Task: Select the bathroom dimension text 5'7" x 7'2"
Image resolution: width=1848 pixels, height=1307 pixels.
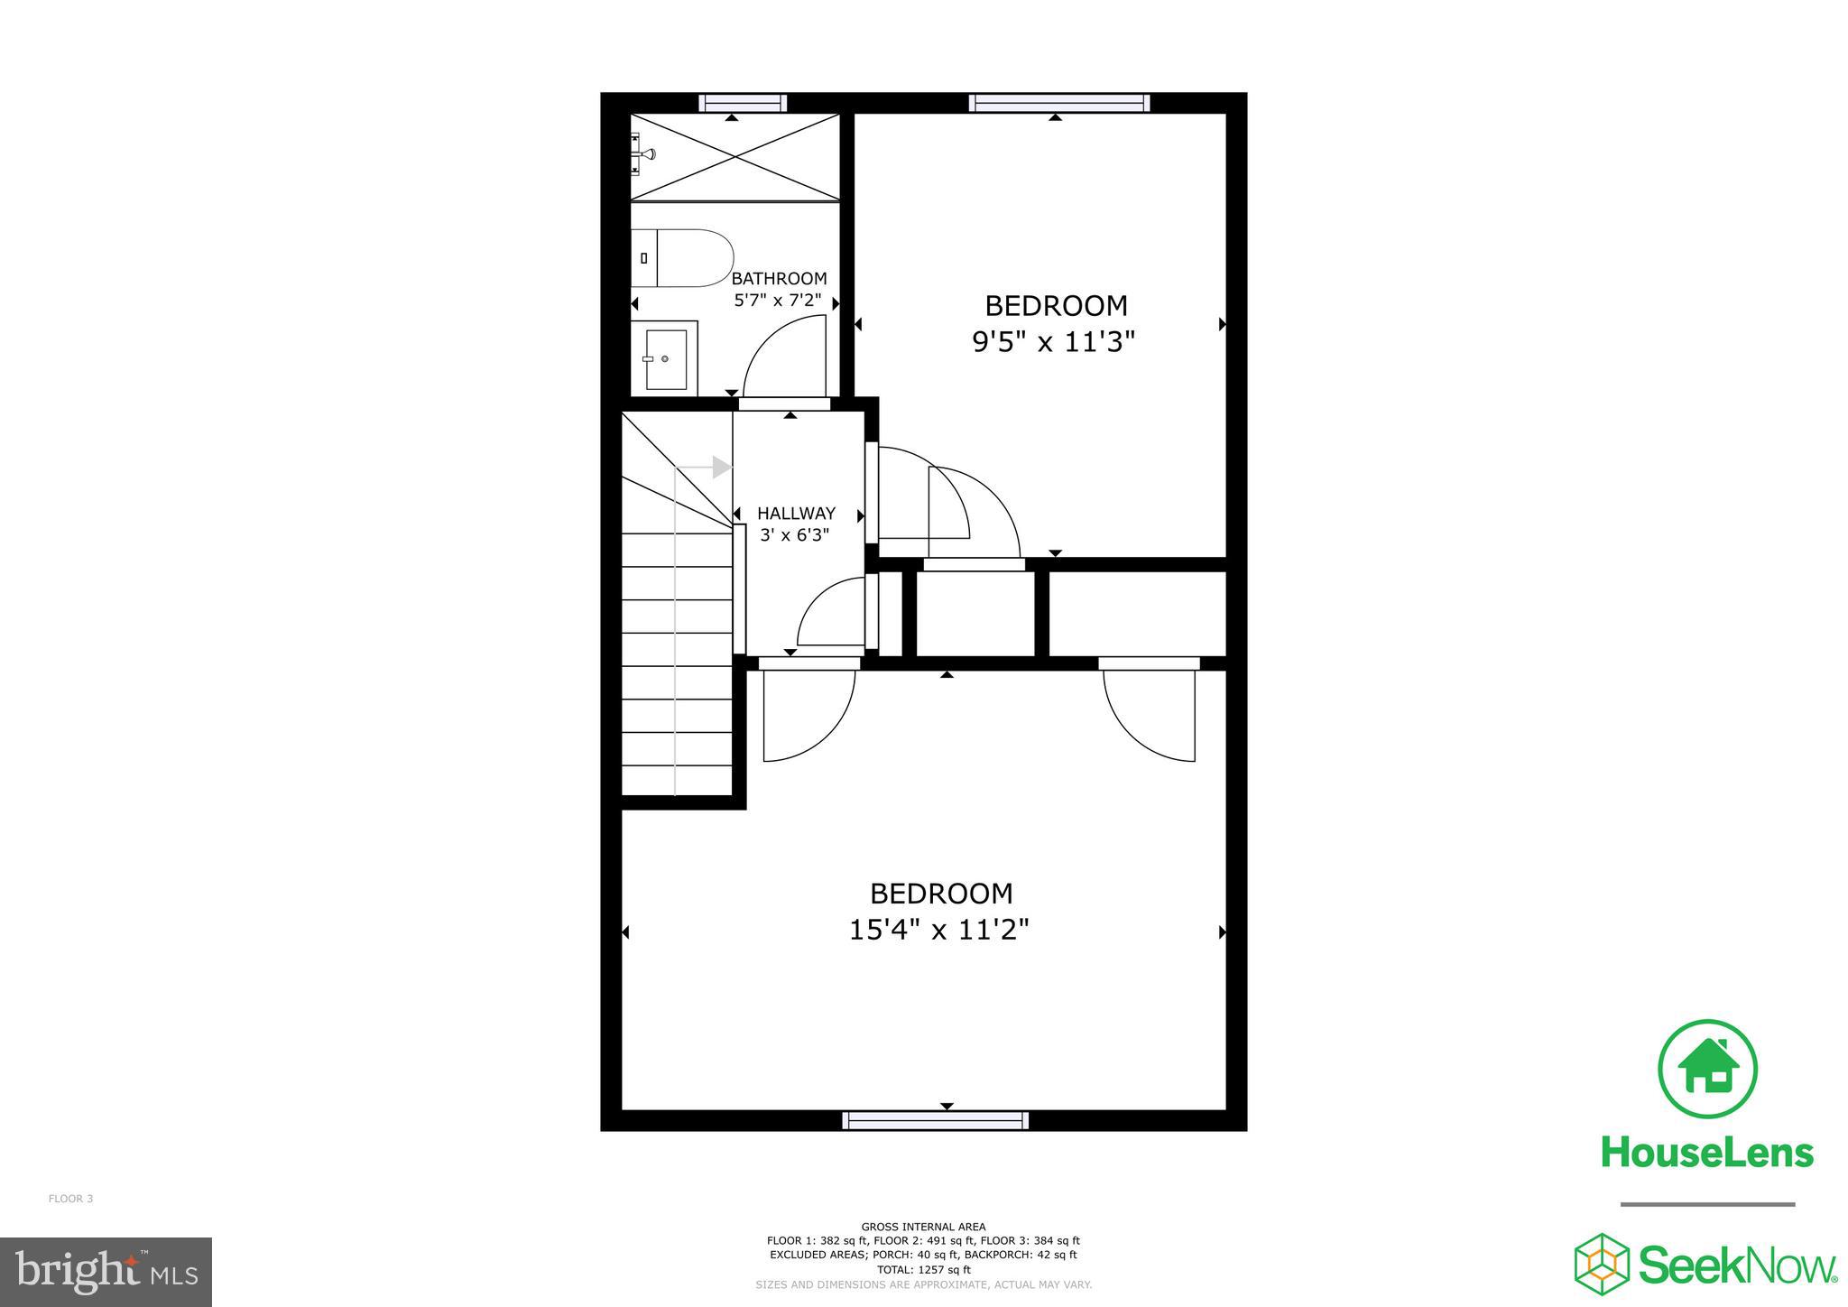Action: click(x=778, y=300)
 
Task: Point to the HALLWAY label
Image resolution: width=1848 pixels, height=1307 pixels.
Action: click(x=796, y=514)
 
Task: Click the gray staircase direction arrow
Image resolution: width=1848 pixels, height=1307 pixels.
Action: click(x=720, y=468)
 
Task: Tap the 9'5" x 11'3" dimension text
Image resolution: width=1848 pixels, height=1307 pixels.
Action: click(x=1053, y=342)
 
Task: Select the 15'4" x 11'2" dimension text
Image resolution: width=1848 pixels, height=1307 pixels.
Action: click(x=938, y=929)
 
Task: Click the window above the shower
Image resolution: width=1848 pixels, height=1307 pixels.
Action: click(x=743, y=103)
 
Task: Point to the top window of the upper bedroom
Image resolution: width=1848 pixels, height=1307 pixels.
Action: click(x=1059, y=103)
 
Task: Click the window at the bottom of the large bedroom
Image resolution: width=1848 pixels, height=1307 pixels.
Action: click(x=935, y=1120)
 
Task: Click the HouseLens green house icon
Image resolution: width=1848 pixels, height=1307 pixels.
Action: click(x=1707, y=1069)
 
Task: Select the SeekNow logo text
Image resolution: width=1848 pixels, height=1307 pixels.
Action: click(x=1737, y=1265)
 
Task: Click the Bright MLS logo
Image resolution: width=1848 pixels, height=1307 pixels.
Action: click(x=106, y=1272)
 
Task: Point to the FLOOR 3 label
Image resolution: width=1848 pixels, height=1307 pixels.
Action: click(x=70, y=1199)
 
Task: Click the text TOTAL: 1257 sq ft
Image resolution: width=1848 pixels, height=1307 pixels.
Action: click(x=923, y=1269)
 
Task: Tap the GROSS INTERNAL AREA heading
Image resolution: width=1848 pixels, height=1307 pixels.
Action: click(x=923, y=1227)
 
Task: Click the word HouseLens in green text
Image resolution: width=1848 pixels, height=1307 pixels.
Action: click(x=1707, y=1153)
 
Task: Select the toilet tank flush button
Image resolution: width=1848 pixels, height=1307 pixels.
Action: click(x=643, y=258)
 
